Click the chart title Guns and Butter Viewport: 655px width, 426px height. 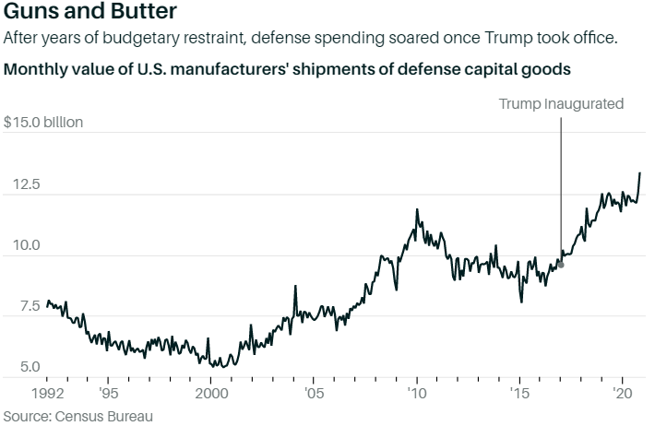pyautogui.click(x=86, y=14)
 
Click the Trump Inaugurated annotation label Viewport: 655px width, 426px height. pyautogui.click(x=561, y=103)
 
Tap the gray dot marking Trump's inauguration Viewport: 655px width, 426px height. pyautogui.click(x=561, y=265)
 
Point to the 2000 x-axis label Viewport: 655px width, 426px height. pyautogui.click(x=210, y=391)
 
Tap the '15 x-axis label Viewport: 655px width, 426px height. pyautogui.click(x=519, y=391)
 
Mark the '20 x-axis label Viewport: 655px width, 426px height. pyautogui.click(x=623, y=391)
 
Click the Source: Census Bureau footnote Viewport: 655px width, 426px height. pyautogui.click(x=77, y=415)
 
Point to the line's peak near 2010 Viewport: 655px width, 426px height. pyautogui.click(x=417, y=210)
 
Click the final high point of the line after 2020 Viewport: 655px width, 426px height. pyautogui.click(x=640, y=173)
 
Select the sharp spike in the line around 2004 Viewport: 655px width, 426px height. pyautogui.click(x=295, y=287)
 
